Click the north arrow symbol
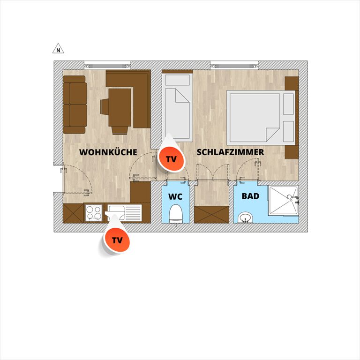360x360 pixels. (x=58, y=49)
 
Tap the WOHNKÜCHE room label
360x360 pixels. (x=108, y=152)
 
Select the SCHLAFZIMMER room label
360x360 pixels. (x=230, y=152)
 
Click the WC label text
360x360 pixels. (x=175, y=197)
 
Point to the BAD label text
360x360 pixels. (x=250, y=196)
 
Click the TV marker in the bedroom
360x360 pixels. (x=171, y=159)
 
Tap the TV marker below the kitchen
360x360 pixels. (x=117, y=240)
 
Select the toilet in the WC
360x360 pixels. (x=176, y=214)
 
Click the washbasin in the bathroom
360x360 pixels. (x=246, y=218)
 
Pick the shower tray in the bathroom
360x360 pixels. (x=283, y=201)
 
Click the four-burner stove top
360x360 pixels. (x=94, y=213)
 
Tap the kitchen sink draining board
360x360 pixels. (x=133, y=213)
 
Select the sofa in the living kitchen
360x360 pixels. (x=75, y=105)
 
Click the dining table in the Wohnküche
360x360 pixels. (x=120, y=107)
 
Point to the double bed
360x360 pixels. (x=261, y=118)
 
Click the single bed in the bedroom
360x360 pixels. (x=177, y=106)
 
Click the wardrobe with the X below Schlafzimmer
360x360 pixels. (x=212, y=214)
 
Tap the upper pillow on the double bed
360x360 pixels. (x=289, y=104)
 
